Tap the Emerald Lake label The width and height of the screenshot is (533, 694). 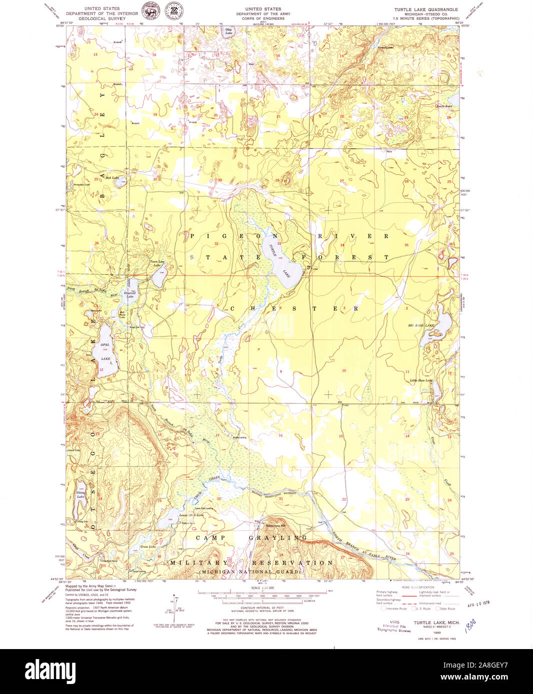(x=130, y=295)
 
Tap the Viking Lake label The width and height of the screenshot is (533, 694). (x=80, y=495)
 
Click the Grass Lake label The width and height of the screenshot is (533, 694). (x=148, y=547)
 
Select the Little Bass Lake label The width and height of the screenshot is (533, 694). (x=421, y=380)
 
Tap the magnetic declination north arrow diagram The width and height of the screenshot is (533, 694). (x=175, y=607)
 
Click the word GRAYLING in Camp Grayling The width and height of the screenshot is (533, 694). (x=277, y=538)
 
